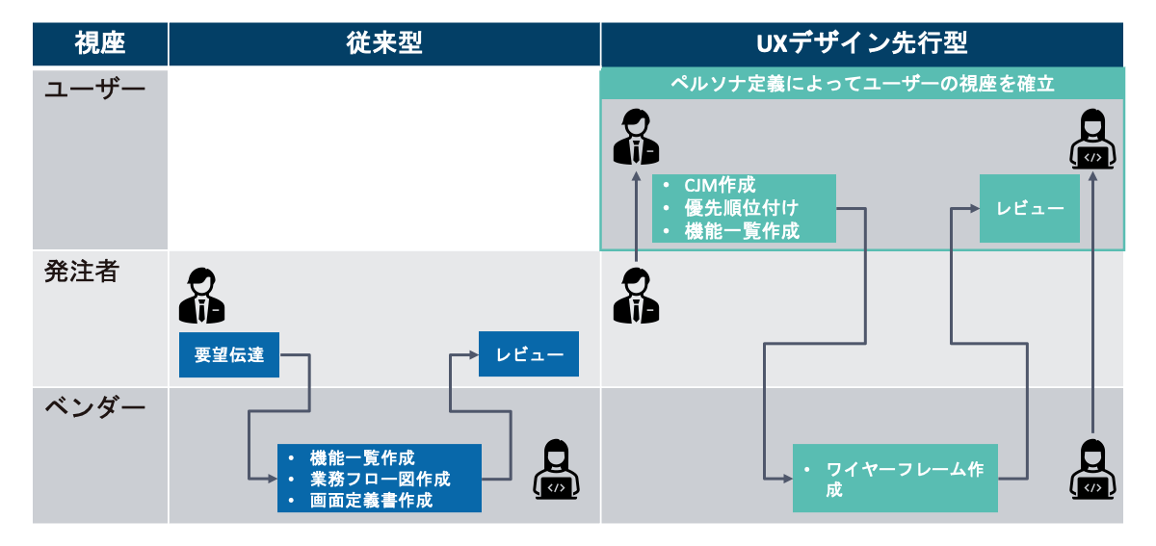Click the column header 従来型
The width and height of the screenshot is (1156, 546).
click(x=383, y=43)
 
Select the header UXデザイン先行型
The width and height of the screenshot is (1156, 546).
click(x=861, y=43)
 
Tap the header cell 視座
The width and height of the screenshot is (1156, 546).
click(x=100, y=43)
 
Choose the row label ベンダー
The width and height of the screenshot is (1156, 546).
click(x=94, y=408)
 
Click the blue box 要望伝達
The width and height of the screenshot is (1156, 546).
click(x=228, y=354)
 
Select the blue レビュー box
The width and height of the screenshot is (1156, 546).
click(x=529, y=354)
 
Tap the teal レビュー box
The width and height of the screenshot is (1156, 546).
click(x=1030, y=208)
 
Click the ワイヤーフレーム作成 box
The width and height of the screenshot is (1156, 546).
click(x=895, y=478)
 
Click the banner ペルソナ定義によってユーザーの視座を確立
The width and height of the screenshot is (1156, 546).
click(x=862, y=83)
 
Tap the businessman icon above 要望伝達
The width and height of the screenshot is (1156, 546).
click(x=201, y=296)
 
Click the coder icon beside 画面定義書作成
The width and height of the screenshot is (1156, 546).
click(x=556, y=470)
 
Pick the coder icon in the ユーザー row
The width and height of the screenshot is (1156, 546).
click(x=1092, y=140)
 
